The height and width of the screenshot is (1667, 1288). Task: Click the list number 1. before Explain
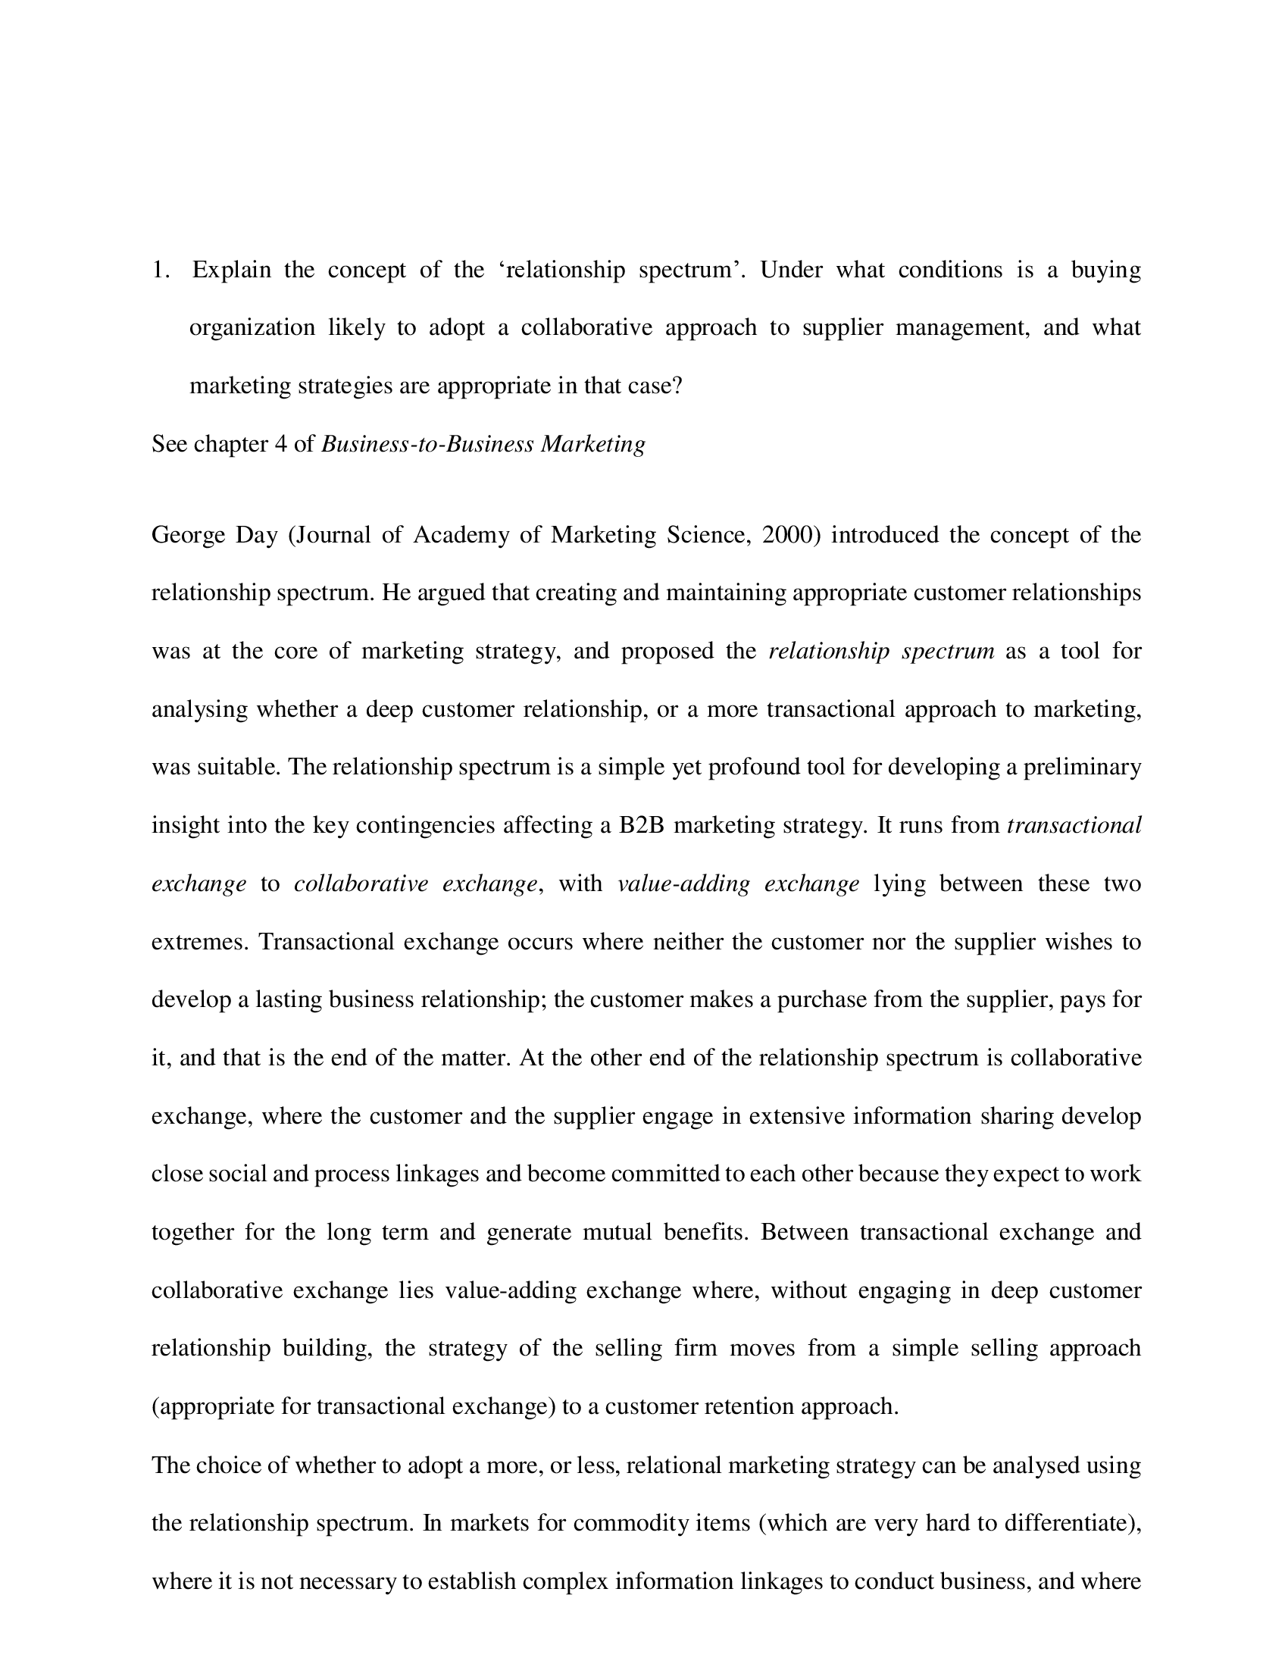point(160,270)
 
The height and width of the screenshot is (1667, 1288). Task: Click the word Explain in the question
point(231,270)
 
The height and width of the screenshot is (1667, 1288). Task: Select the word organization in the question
point(252,327)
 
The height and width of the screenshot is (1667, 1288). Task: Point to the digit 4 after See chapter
point(280,443)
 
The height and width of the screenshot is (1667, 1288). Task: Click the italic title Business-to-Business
point(427,443)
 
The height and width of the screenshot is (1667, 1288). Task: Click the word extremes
point(200,942)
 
